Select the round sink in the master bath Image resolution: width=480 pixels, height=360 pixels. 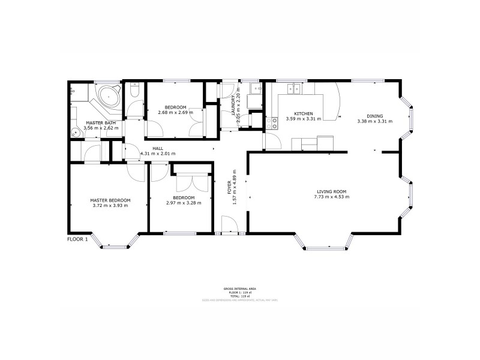(x=74, y=133)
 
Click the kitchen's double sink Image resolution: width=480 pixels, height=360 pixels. (x=294, y=89)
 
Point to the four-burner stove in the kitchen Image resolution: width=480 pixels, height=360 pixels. (x=275, y=124)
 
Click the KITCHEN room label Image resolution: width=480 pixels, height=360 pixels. (x=303, y=113)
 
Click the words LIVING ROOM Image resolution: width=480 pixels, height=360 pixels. (x=332, y=191)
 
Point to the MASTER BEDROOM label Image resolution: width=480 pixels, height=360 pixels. (x=110, y=200)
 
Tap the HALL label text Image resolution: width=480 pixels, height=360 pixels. (x=157, y=148)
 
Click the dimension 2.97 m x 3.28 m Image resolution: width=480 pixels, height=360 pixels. (x=184, y=203)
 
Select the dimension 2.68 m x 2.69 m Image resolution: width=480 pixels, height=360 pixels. (x=175, y=112)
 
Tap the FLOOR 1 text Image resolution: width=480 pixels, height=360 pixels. (x=77, y=239)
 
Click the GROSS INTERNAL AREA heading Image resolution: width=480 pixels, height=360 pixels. (x=236, y=289)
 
